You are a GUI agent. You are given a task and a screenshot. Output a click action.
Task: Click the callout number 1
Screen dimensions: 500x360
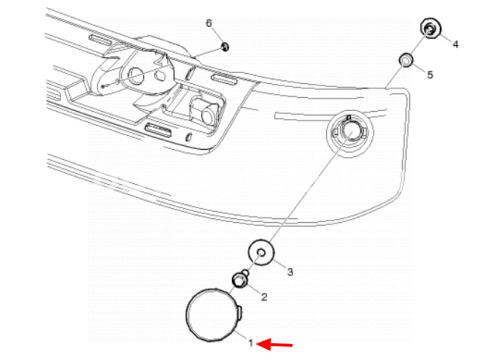click(251, 342)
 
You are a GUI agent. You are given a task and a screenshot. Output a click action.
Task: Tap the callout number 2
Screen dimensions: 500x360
click(264, 297)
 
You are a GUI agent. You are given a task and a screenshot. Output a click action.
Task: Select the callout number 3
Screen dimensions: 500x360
click(290, 272)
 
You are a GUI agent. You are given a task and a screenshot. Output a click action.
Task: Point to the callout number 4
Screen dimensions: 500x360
click(455, 44)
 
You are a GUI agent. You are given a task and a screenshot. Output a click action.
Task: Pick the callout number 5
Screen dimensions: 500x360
click(430, 75)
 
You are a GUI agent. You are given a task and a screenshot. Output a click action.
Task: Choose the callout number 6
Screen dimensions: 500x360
click(209, 23)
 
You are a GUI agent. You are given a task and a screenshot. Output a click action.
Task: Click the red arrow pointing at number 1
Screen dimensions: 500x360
click(276, 345)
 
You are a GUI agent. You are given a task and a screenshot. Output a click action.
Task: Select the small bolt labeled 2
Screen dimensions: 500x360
click(240, 280)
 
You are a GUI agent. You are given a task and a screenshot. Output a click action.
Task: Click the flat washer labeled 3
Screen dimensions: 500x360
click(261, 253)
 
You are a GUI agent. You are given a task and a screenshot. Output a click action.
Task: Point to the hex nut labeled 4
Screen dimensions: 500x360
click(431, 29)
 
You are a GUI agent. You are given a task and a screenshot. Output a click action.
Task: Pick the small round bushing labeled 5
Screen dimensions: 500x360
click(406, 60)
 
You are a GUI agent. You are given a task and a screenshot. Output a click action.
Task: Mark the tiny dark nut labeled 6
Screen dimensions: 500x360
click(225, 47)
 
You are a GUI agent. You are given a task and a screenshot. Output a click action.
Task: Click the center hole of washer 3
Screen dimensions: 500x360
click(262, 254)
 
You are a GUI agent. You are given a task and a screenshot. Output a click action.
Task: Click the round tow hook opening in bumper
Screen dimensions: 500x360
click(350, 133)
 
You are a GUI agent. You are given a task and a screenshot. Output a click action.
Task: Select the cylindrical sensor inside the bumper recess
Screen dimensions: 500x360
click(206, 110)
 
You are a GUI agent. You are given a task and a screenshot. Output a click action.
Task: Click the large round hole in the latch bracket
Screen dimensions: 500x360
click(136, 75)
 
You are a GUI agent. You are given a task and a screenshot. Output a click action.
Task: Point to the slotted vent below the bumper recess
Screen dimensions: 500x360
click(158, 129)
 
